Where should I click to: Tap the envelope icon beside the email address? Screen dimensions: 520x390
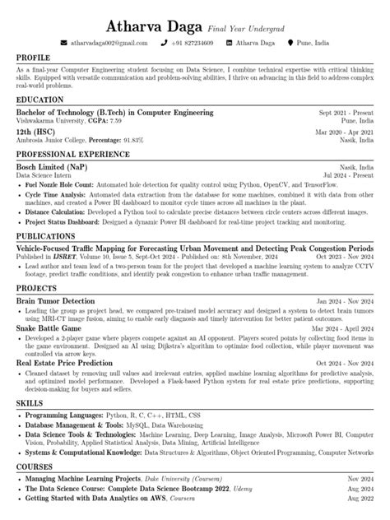(63, 42)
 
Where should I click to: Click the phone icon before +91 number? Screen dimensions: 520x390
(165, 42)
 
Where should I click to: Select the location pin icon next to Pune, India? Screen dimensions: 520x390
(289, 42)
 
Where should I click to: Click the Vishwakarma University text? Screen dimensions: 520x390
(53, 119)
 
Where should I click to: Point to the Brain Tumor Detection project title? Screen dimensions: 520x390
(55, 301)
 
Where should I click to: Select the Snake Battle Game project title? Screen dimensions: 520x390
(49, 328)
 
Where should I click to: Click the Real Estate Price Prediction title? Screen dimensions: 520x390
(64, 362)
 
